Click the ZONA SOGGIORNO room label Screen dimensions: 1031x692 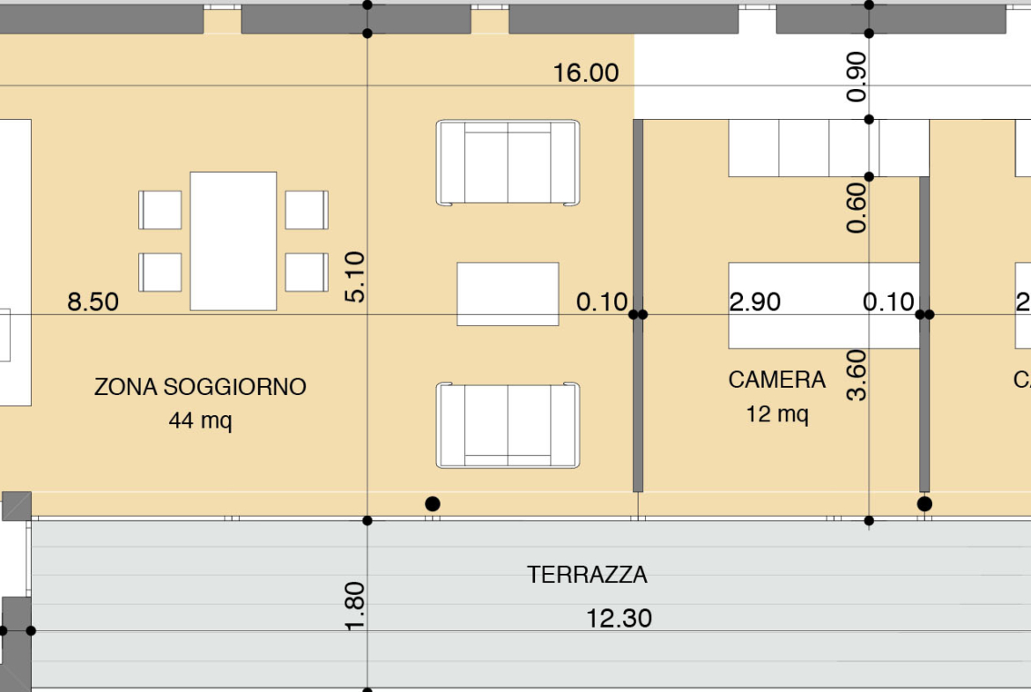[201, 387]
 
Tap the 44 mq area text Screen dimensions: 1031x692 [201, 420]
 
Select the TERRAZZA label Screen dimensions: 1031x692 [587, 575]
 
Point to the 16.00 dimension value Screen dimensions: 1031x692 [586, 73]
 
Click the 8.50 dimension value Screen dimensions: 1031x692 [93, 302]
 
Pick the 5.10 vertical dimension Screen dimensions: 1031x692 [354, 277]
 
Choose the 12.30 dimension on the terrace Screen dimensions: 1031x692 [619, 618]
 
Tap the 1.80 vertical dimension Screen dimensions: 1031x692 [354, 606]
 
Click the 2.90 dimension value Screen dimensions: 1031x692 [755, 302]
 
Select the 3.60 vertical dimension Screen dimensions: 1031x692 [857, 376]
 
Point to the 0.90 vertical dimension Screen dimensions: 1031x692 [857, 77]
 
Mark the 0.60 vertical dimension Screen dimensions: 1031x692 [857, 208]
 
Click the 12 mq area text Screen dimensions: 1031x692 [777, 414]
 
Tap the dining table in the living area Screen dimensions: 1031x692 [234, 241]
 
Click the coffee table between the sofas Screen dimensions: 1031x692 [508, 294]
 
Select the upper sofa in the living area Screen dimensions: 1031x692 [508, 162]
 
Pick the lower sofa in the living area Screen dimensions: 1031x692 [508, 425]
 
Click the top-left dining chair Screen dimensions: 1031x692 [159, 210]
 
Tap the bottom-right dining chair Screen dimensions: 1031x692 [307, 272]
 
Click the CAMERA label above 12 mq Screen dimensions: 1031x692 [777, 380]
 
